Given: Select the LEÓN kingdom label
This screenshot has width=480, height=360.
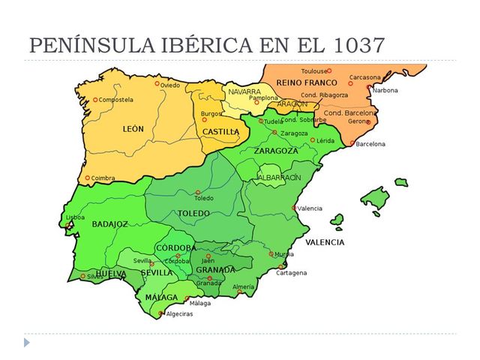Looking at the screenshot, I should (x=133, y=129).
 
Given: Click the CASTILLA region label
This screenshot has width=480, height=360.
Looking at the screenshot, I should (x=221, y=132).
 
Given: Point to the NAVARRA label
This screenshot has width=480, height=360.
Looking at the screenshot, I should (x=244, y=91).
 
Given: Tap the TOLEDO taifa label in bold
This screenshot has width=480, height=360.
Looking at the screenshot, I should (x=193, y=213).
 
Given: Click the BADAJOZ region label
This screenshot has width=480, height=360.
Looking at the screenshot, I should (x=110, y=223).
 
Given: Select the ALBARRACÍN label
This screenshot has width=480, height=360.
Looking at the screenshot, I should (x=280, y=177).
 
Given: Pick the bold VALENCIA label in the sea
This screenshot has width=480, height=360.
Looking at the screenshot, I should (x=325, y=242).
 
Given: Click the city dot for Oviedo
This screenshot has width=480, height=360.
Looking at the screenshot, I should (x=157, y=84).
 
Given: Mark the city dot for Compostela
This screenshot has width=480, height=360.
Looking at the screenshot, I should (x=95, y=100).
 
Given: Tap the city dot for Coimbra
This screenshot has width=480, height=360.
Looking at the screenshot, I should (x=88, y=178).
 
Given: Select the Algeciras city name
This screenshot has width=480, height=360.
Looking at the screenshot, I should (x=179, y=313).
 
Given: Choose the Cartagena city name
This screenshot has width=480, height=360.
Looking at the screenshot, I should (x=291, y=272).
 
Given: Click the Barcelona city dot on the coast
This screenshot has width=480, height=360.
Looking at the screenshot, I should (x=352, y=144).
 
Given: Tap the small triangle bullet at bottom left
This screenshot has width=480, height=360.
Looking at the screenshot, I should (x=28, y=342).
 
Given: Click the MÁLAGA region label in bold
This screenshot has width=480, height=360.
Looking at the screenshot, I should (x=162, y=298).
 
